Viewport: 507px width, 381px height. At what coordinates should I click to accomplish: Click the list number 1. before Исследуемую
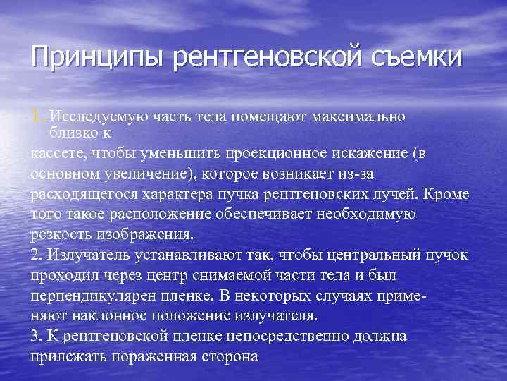coord(39,115)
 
